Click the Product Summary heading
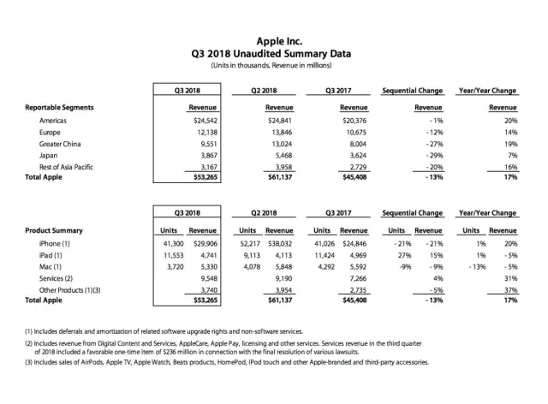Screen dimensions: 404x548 [x=54, y=231]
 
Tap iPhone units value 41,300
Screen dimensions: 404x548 [x=164, y=245]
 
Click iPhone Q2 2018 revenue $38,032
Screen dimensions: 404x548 [x=278, y=245]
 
